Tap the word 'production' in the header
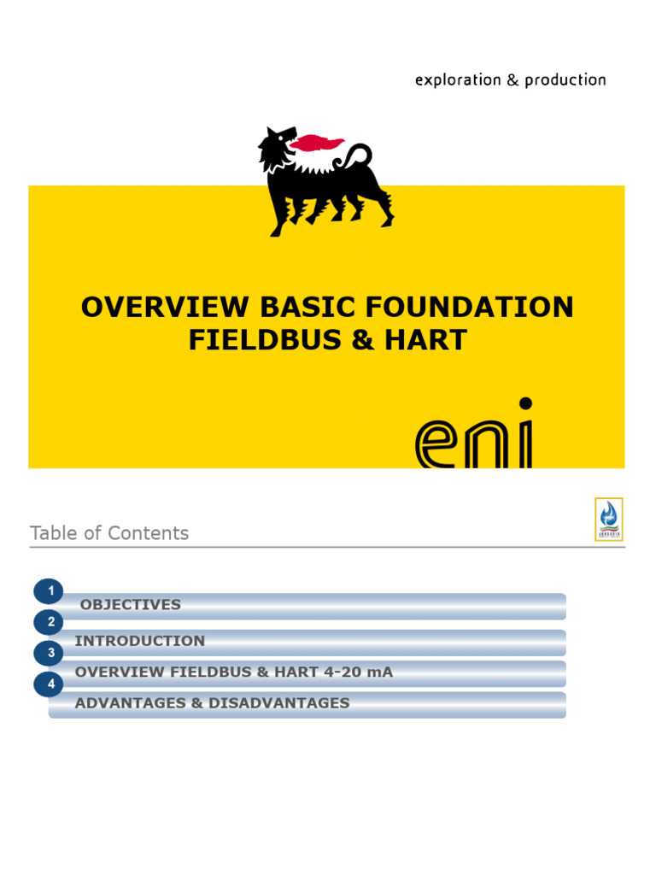(x=565, y=80)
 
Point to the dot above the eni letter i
(x=525, y=403)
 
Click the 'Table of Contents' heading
(x=109, y=533)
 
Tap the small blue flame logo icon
(x=608, y=518)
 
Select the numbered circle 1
(x=50, y=591)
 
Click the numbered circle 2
(x=50, y=622)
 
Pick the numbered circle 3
(x=50, y=654)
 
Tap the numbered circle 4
(x=50, y=684)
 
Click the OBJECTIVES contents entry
(x=130, y=605)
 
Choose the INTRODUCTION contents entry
(x=140, y=641)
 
